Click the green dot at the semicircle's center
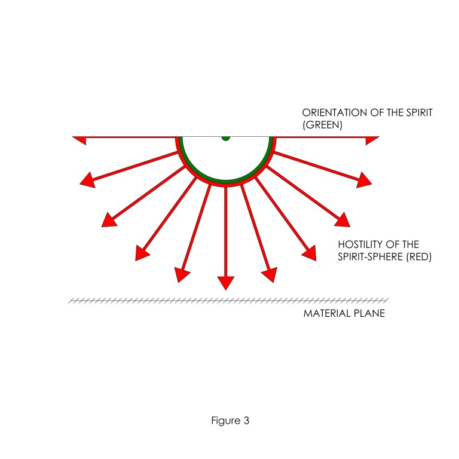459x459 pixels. coord(225,137)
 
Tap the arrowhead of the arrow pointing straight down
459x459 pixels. coord(225,282)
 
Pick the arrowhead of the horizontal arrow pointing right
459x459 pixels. coord(372,140)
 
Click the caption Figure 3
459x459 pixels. coord(229,420)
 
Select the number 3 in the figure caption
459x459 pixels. coord(246,420)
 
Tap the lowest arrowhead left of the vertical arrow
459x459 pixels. coord(182,275)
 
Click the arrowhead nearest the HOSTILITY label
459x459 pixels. coord(308,253)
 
